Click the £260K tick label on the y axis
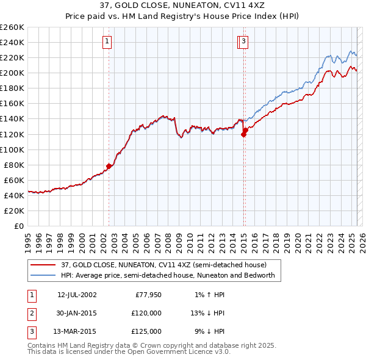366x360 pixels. coord(12,27)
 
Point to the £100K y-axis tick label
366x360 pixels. coord(12,149)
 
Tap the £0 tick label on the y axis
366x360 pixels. coord(19,226)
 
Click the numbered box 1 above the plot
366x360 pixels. coord(107,41)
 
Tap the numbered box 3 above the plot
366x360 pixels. coord(243,41)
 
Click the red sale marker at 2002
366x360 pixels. coord(109,165)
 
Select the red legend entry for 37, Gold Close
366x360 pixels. coord(163,265)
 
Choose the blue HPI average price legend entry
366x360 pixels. coord(168,275)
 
